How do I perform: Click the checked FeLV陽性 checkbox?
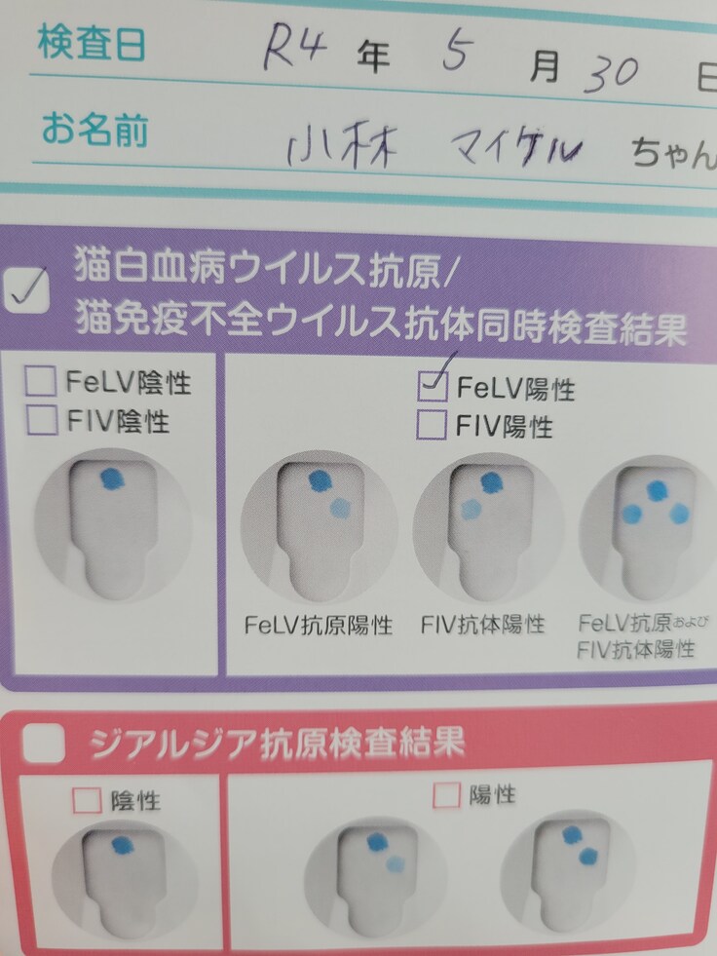click(x=432, y=387)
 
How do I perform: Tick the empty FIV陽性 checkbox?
click(x=432, y=425)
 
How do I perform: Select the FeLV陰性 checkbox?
click(x=42, y=382)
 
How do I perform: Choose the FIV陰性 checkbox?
click(x=42, y=420)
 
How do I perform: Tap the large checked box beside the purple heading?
click(x=29, y=287)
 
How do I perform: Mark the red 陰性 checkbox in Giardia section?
click(x=87, y=800)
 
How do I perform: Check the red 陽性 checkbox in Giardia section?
click(x=446, y=795)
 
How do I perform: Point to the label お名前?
click(x=94, y=130)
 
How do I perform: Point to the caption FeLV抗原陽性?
click(x=319, y=625)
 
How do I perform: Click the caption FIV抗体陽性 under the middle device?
click(x=483, y=624)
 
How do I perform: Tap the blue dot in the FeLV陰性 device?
click(x=111, y=478)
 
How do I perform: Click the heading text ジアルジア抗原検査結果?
click(x=278, y=745)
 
